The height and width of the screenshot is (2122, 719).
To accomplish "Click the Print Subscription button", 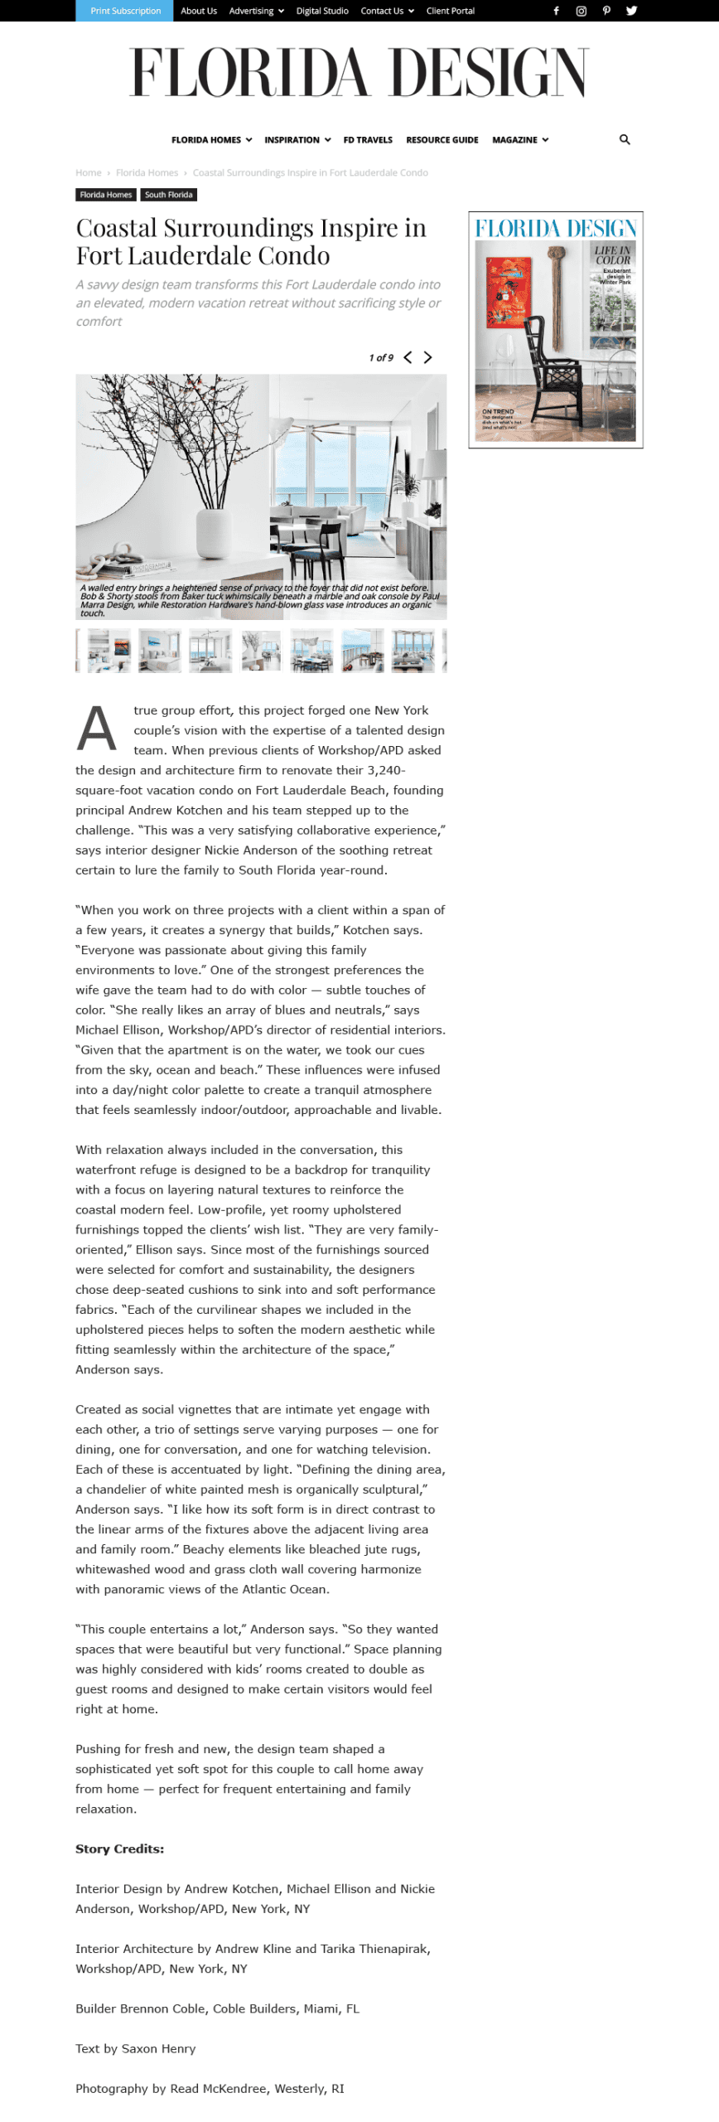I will (125, 11).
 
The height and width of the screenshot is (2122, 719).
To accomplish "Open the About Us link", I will (199, 11).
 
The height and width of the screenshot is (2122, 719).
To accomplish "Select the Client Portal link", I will (450, 11).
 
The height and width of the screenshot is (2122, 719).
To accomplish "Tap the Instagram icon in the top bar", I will (581, 11).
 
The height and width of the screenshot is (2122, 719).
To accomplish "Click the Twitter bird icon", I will (631, 11).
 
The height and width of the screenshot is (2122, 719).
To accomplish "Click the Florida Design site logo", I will (359, 72).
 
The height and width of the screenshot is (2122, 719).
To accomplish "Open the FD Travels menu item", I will (368, 140).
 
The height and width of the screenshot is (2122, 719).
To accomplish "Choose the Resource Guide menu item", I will (442, 140).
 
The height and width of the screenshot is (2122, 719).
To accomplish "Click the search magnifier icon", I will (625, 140).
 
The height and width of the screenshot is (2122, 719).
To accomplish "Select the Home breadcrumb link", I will (89, 173).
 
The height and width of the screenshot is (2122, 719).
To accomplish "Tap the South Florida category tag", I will (168, 195).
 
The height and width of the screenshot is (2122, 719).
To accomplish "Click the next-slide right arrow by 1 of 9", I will (428, 357).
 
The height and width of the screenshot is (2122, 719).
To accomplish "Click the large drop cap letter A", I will (97, 729).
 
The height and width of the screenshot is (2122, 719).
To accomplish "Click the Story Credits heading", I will (119, 1848).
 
